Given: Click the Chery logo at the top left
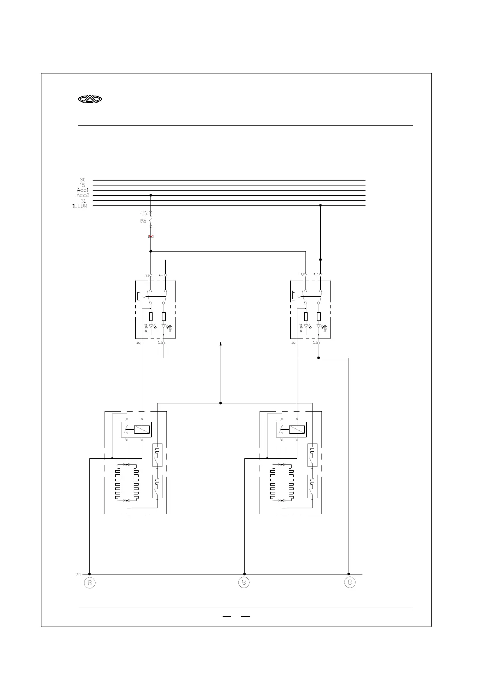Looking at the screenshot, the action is click(90, 99).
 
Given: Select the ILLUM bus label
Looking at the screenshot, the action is click(80, 206).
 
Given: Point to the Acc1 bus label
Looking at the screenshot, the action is click(82, 190).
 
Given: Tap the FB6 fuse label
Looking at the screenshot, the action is click(143, 213).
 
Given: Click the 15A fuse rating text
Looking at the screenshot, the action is click(142, 221).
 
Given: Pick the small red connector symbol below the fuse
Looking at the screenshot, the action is click(151, 236).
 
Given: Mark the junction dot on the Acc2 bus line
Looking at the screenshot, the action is click(151, 195).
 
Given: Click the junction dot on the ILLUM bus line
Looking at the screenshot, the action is click(320, 206).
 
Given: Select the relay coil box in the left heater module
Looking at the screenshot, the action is click(141, 430).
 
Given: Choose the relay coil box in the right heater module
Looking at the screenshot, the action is click(296, 430).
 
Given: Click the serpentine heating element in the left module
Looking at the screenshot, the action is click(127, 483).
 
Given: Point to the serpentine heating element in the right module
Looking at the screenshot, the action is click(282, 483).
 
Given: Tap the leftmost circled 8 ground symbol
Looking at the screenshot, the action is click(89, 582).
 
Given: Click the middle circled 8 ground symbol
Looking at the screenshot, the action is click(244, 582).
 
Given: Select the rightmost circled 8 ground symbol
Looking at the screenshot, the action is click(349, 582).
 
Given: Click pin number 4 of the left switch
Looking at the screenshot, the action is click(138, 343).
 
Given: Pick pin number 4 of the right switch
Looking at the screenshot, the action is click(293, 343).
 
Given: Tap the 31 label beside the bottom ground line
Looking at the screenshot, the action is click(78, 574).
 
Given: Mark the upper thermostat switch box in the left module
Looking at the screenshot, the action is click(157, 455).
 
